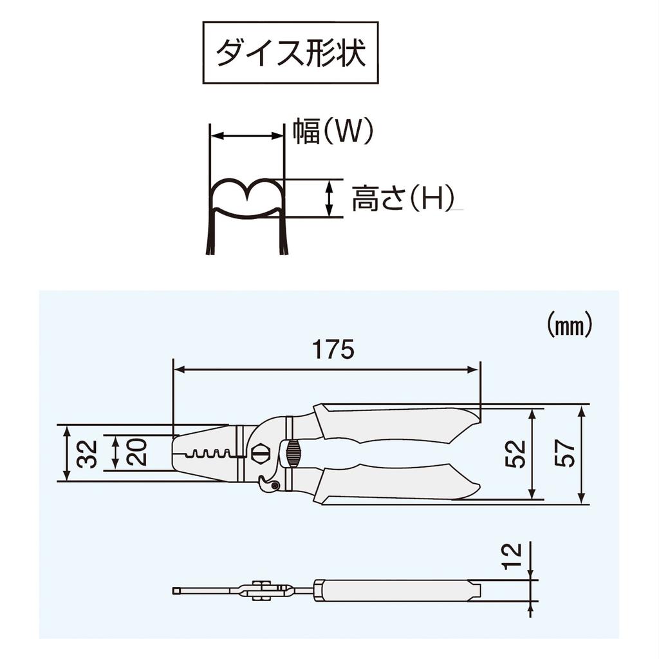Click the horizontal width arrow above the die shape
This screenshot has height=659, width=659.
[x=247, y=136]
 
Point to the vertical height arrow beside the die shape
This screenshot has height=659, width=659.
[x=329, y=198]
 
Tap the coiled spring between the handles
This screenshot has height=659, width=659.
[x=293, y=453]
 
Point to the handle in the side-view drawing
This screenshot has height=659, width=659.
[x=399, y=590]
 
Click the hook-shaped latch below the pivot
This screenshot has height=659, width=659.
[x=266, y=484]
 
